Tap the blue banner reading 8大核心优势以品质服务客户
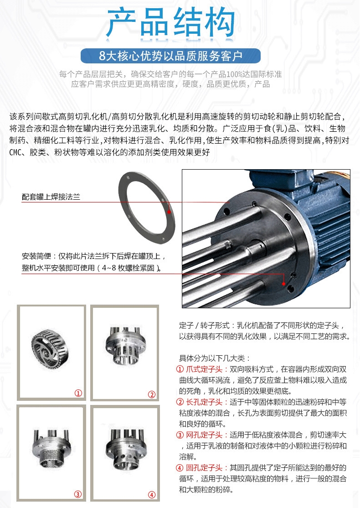coord(170,56)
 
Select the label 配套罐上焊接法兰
coord(51,197)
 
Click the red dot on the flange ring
coord(169,212)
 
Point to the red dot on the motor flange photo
coord(283,284)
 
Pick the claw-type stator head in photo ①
coord(50,349)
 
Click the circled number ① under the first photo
coord(78,393)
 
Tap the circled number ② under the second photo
coord(151,394)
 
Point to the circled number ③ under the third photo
coord(78,494)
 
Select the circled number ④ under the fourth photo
coord(151,495)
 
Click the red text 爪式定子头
coord(204,369)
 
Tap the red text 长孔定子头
coord(204,402)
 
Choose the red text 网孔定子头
coord(204,435)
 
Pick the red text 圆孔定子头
coord(204,467)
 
